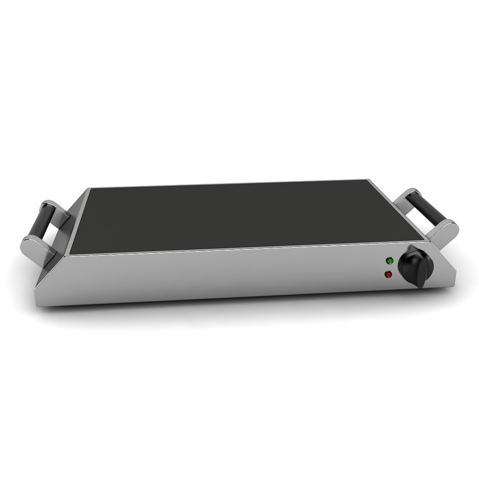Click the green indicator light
(389, 261)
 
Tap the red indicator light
(389, 275)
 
